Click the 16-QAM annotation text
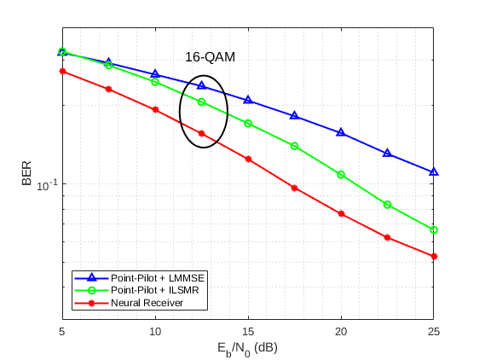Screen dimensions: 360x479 click(x=210, y=57)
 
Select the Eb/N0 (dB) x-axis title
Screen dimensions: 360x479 click(x=247, y=347)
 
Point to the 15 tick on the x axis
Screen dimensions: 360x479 click(x=248, y=329)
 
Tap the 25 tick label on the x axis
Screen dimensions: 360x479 click(x=434, y=329)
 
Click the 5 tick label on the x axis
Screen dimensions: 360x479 click(x=62, y=329)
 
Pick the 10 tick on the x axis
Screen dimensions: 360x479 click(x=155, y=329)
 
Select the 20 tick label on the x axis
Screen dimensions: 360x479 click(x=341, y=329)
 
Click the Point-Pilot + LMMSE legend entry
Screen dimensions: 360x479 click(x=159, y=278)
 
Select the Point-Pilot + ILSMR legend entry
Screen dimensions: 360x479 click(x=156, y=290)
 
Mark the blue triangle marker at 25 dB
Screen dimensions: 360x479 click(x=434, y=171)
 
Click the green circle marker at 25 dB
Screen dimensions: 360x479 click(x=434, y=229)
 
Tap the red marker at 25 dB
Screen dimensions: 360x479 click(x=434, y=256)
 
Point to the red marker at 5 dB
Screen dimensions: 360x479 click(x=62, y=71)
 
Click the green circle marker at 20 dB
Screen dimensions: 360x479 click(x=341, y=175)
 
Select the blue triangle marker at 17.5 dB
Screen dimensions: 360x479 click(x=294, y=115)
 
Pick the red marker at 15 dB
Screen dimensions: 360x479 click(x=248, y=159)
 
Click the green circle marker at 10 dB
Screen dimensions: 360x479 click(x=155, y=82)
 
